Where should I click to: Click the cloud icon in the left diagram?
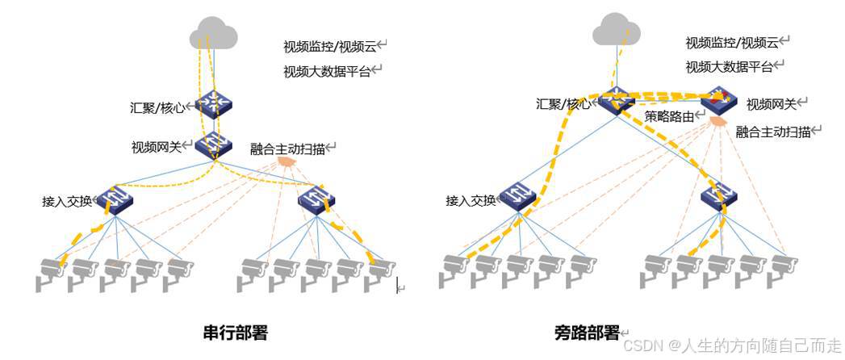(x=214, y=35)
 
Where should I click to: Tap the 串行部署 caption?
(x=235, y=332)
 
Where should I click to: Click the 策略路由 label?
(x=669, y=116)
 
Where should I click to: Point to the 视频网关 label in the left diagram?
(x=157, y=148)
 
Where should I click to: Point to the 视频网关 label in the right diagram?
(x=771, y=104)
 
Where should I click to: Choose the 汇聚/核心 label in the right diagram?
(x=563, y=104)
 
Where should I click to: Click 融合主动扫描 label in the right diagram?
(x=773, y=132)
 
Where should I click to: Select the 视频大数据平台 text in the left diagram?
(x=327, y=71)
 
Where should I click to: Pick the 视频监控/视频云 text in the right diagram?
(x=732, y=43)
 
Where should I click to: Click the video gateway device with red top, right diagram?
(x=718, y=101)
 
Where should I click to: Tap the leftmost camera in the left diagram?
(x=50, y=273)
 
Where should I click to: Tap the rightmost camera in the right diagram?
(x=782, y=270)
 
